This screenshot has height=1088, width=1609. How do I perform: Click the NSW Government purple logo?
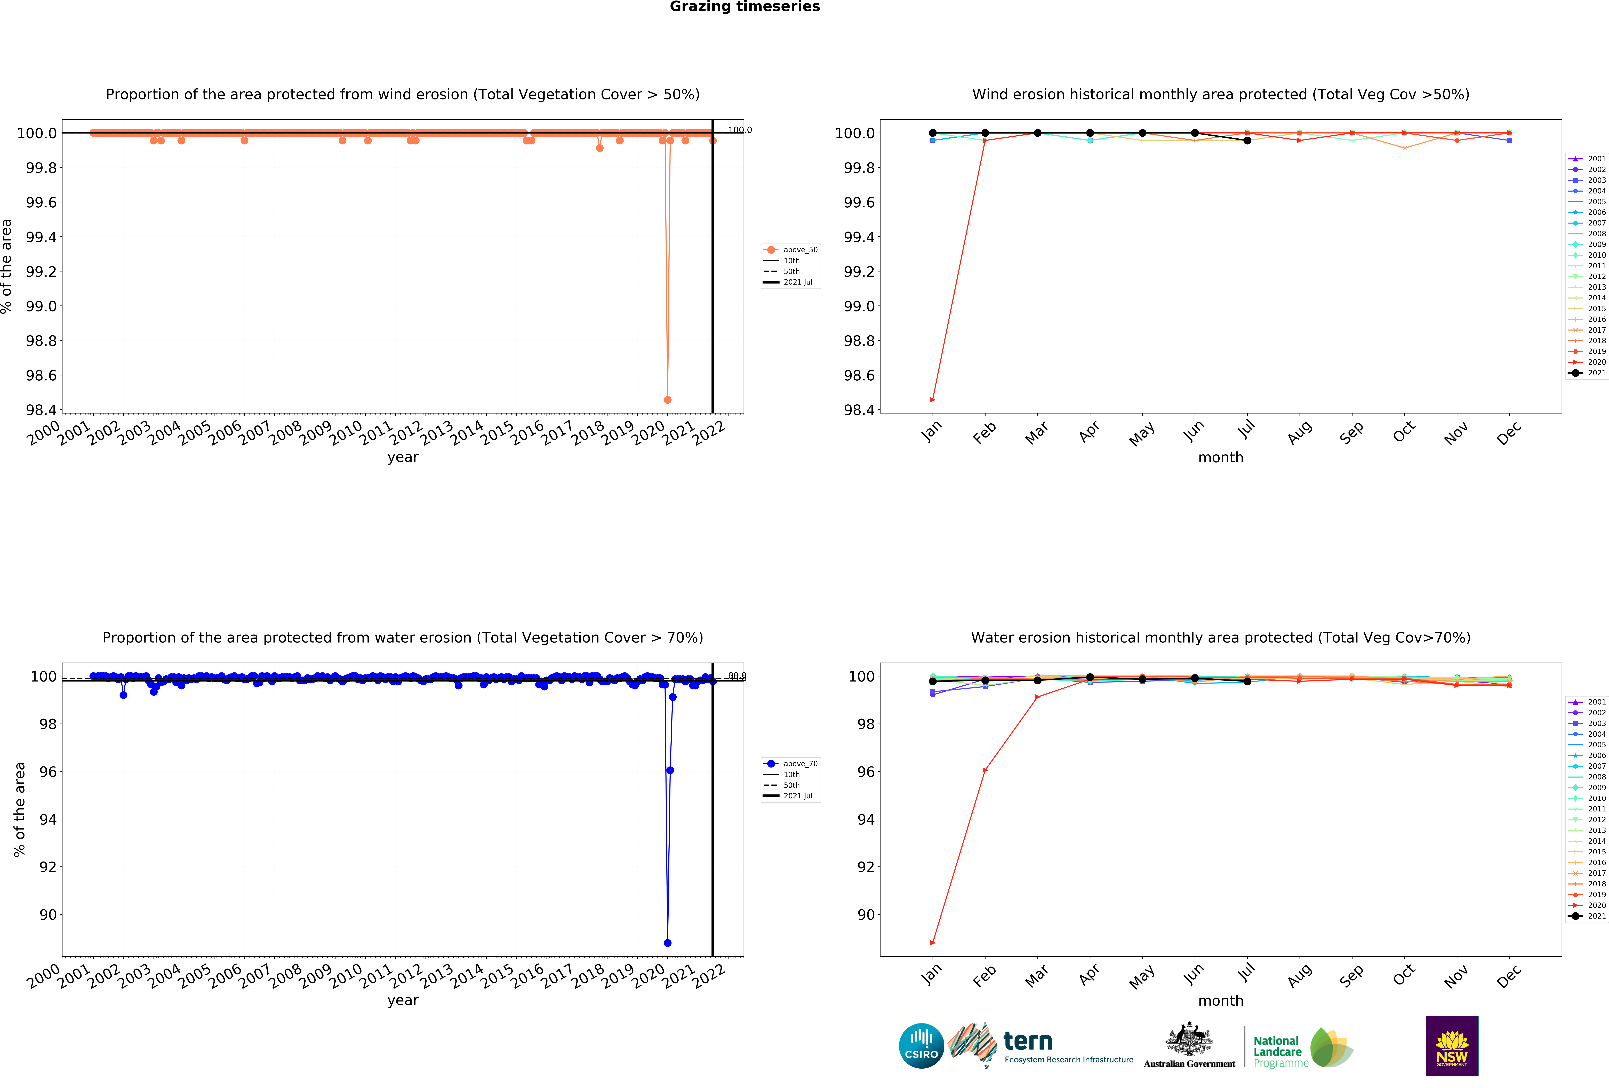tap(1452, 1046)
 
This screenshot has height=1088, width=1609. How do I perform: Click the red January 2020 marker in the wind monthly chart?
tap(933, 400)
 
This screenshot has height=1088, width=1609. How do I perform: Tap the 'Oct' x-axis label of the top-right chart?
tap(1404, 432)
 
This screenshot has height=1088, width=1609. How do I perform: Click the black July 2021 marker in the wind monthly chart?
tap(1247, 141)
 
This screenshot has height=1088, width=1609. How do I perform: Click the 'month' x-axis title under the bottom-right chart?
tap(1221, 1001)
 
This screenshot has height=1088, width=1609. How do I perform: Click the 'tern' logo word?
tap(1028, 1041)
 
